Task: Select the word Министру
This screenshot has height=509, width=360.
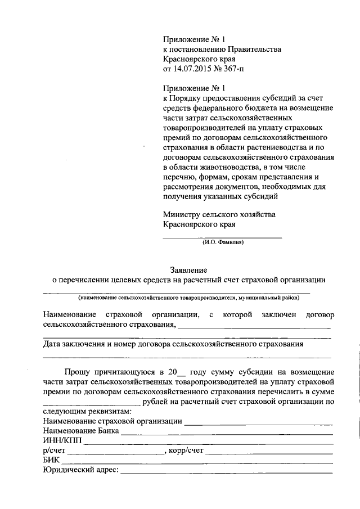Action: click(x=181, y=214)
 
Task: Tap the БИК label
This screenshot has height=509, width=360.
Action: click(x=51, y=461)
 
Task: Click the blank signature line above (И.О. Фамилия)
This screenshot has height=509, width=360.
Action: click(x=222, y=237)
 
